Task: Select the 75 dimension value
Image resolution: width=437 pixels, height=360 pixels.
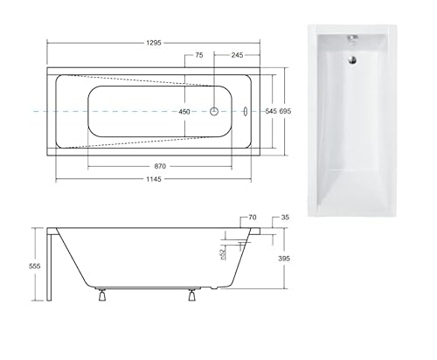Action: (x=198, y=55)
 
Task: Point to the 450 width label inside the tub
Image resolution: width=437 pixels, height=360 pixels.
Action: (x=185, y=112)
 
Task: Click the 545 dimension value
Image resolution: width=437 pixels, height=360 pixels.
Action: (x=272, y=112)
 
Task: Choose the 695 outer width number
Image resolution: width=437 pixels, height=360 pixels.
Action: (x=286, y=112)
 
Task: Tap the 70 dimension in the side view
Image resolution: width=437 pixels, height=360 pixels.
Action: (x=252, y=218)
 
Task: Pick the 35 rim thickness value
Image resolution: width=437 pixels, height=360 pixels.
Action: (x=285, y=218)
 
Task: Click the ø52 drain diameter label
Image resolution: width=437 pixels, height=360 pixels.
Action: (x=224, y=253)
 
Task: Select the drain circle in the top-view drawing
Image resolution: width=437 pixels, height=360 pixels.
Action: (x=214, y=112)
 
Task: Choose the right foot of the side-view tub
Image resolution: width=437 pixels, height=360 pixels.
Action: (x=189, y=295)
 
